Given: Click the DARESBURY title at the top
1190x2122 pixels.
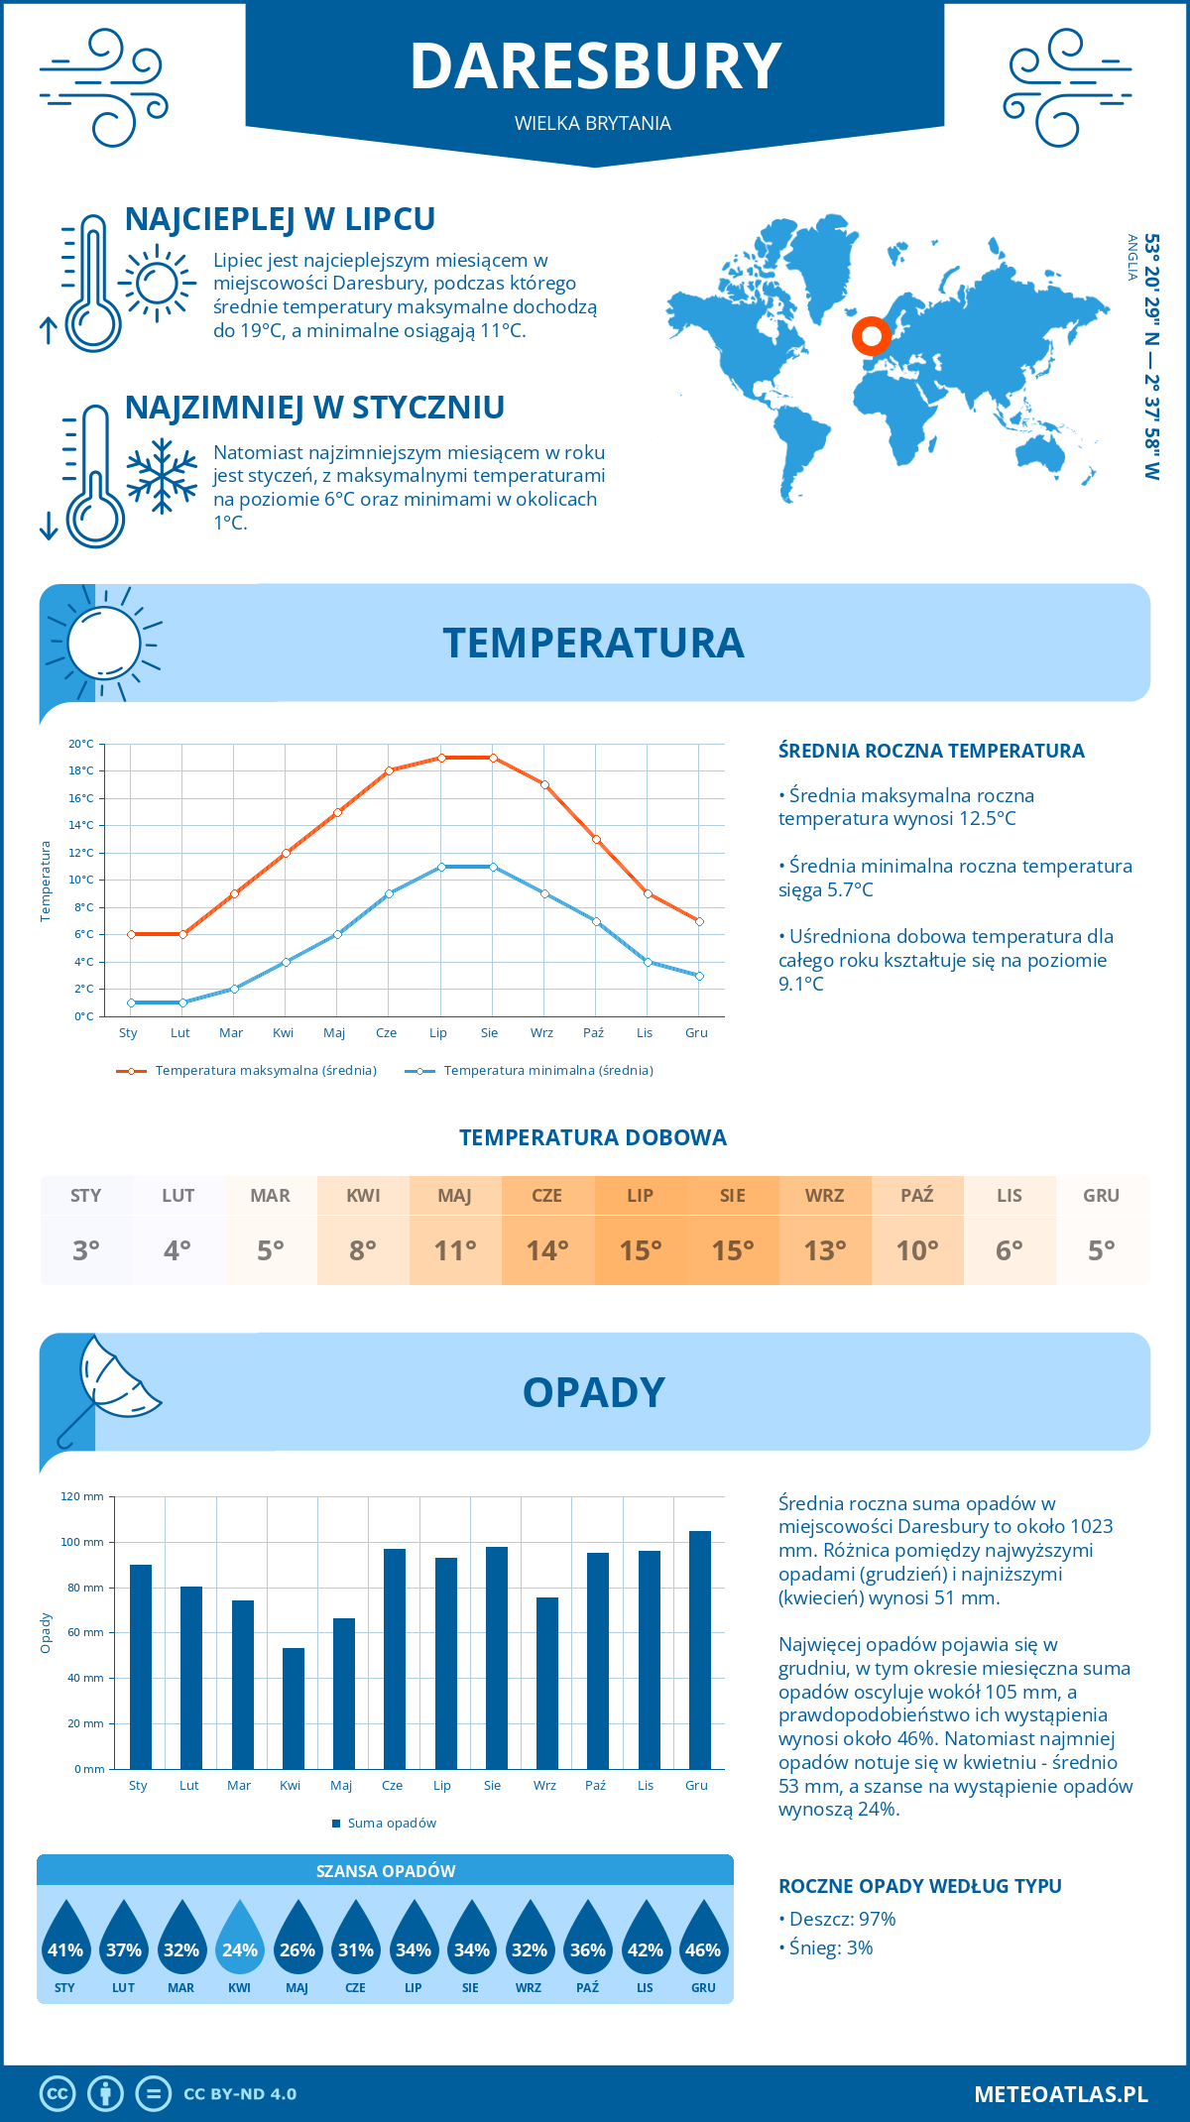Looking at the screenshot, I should (x=595, y=66).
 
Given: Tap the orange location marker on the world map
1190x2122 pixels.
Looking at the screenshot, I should (x=871, y=336).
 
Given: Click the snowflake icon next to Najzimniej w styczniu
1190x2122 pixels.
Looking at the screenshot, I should (x=162, y=476).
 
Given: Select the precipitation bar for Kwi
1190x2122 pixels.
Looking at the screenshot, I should (x=293, y=1708).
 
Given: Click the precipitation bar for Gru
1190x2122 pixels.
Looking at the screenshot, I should (x=699, y=1649).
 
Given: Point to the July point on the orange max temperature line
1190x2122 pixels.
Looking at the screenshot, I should (x=441, y=758).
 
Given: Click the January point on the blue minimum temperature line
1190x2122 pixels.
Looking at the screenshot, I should (x=131, y=1002).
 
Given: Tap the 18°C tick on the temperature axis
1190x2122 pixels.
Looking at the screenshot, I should (x=81, y=770).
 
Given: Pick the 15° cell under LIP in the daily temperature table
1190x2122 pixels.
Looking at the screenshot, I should (x=640, y=1250).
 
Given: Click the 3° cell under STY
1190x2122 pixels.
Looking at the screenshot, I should (x=86, y=1250).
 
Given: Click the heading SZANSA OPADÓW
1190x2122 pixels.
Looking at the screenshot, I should (x=385, y=1871).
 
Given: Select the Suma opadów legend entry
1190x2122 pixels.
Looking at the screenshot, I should (x=391, y=1824).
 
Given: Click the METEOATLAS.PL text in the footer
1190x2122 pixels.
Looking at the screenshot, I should (x=1060, y=2094).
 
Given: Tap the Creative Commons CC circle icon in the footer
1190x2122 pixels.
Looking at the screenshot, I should (x=58, y=2094).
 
